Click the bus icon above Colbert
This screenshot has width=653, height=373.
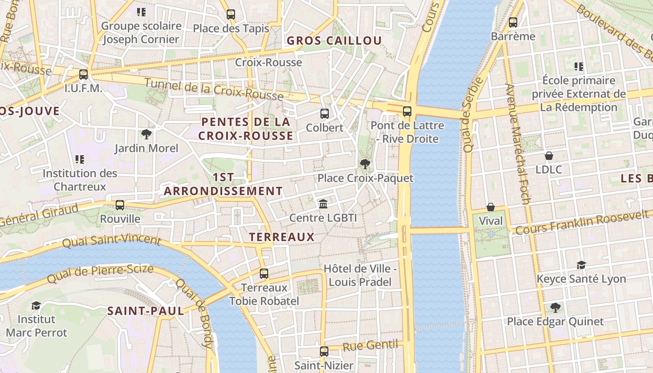pyautogui.click(x=324, y=113)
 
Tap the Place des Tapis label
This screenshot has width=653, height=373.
pyautogui.click(x=231, y=28)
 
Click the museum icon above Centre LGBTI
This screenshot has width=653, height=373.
pyautogui.click(x=323, y=204)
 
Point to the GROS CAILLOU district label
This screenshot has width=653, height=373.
pyautogui.click(x=334, y=41)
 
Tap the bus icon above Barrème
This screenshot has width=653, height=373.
pyautogui.click(x=513, y=22)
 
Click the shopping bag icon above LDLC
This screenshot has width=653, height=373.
pyautogui.click(x=549, y=156)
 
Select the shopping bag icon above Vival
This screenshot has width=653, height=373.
pyautogui.click(x=491, y=207)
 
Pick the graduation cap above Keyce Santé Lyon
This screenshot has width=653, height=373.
pyautogui.click(x=581, y=265)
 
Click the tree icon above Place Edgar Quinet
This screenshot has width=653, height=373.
pyautogui.click(x=555, y=307)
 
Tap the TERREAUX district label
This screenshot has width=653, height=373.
pyautogui.click(x=282, y=237)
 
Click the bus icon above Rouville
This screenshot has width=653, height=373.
pyautogui.click(x=120, y=205)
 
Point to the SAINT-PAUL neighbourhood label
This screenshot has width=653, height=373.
pyautogui.click(x=146, y=311)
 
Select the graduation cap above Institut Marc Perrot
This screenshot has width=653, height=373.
pyautogui.click(x=36, y=305)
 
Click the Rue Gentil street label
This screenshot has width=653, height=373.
pyautogui.click(x=372, y=345)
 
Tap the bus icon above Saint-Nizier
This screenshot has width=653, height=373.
pyautogui.click(x=324, y=351)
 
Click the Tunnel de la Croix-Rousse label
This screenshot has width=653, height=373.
pyautogui.click(x=214, y=90)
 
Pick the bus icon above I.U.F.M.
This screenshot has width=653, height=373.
pyautogui.click(x=83, y=74)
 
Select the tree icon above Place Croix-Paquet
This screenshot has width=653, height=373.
pyautogui.click(x=365, y=164)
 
